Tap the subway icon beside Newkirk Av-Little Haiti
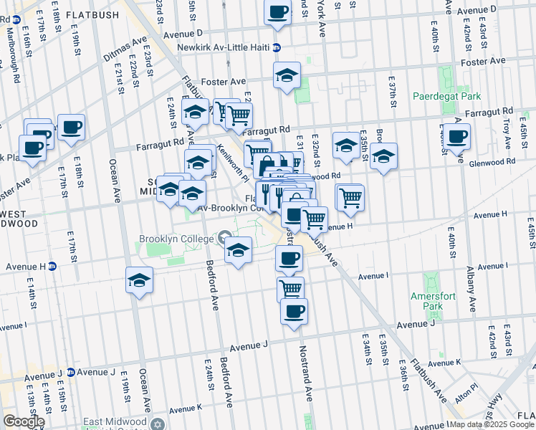click(276, 48)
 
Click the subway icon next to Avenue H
click(52, 266)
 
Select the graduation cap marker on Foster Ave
click(287, 75)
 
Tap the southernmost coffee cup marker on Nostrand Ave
click(294, 311)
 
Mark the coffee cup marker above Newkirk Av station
click(277, 11)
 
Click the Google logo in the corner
click(23, 421)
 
